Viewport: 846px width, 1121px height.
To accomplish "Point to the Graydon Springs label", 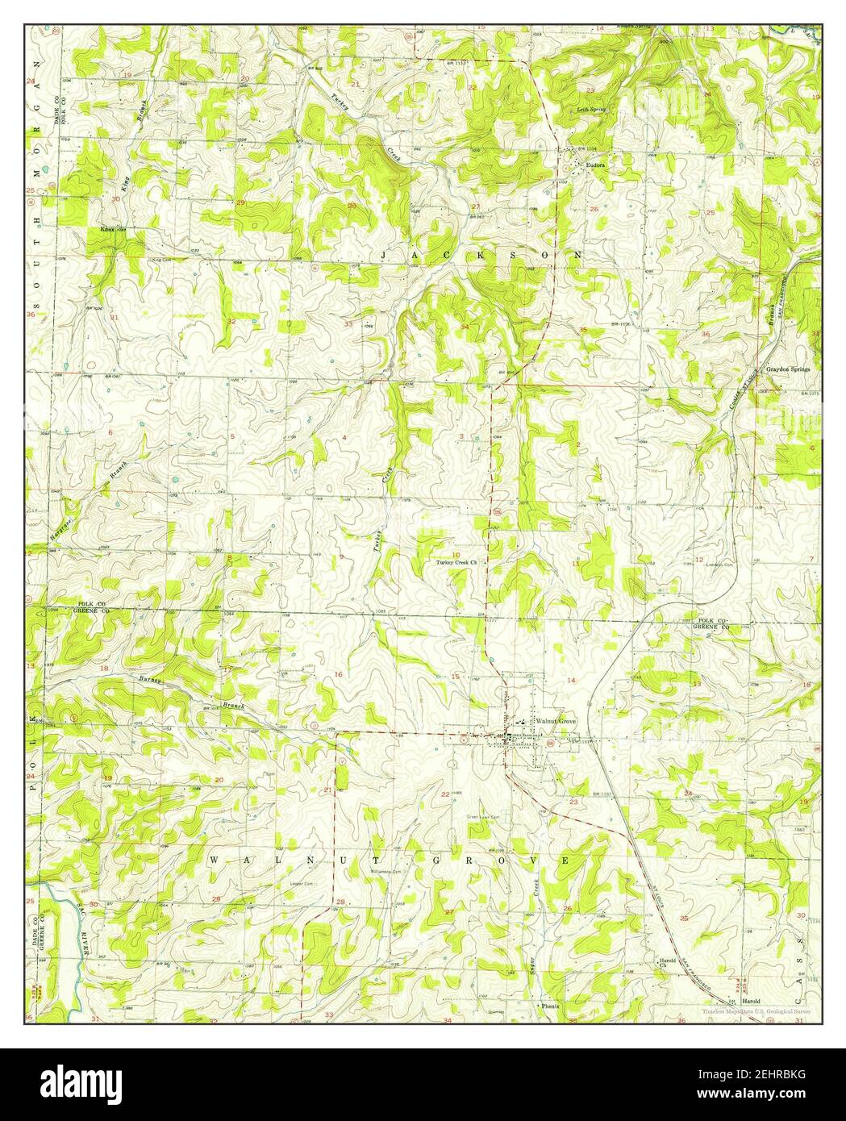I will (x=788, y=369).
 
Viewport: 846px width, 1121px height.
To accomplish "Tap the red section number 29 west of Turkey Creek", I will (x=240, y=202).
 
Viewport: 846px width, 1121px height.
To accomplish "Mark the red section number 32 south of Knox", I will (x=232, y=321).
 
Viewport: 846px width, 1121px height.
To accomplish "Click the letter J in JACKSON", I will (x=385, y=255).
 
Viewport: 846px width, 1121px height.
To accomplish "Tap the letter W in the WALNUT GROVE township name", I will (x=215, y=861).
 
